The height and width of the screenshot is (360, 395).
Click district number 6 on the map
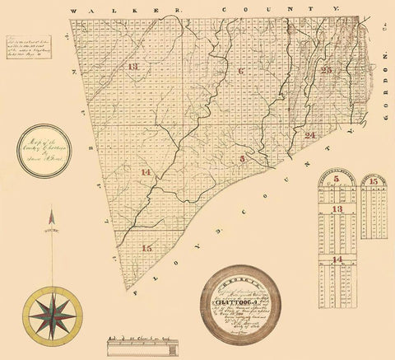[x=241, y=72]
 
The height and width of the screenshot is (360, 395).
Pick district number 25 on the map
[x=327, y=71]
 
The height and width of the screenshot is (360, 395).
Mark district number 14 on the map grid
[x=146, y=172]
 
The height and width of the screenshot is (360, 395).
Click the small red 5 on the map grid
[x=242, y=158]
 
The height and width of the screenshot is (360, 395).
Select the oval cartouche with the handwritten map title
[x=46, y=149]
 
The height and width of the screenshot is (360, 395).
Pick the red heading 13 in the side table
[x=337, y=209]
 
